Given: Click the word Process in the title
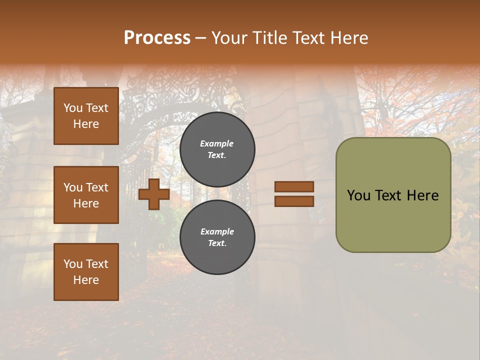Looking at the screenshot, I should click(x=157, y=37).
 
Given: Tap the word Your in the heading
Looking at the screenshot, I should click(x=229, y=37).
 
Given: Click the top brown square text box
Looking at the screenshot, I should click(x=86, y=116).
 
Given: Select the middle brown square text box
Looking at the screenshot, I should click(x=86, y=195).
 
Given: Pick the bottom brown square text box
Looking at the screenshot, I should click(x=86, y=271).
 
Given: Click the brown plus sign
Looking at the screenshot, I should click(x=154, y=194).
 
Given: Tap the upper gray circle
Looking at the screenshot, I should click(x=217, y=149).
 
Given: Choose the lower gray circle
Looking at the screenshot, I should click(x=217, y=237).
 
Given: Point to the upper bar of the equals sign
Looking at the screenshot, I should click(x=294, y=186).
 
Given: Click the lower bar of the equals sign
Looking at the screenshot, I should click(x=294, y=201).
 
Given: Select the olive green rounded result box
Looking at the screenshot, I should click(x=393, y=195).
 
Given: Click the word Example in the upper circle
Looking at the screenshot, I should click(x=217, y=143).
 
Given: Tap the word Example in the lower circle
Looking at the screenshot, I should click(x=217, y=231).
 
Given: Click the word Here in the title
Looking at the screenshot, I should click(x=350, y=37).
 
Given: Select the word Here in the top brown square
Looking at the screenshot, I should click(x=86, y=124).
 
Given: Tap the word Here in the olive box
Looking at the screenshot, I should click(x=423, y=195).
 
